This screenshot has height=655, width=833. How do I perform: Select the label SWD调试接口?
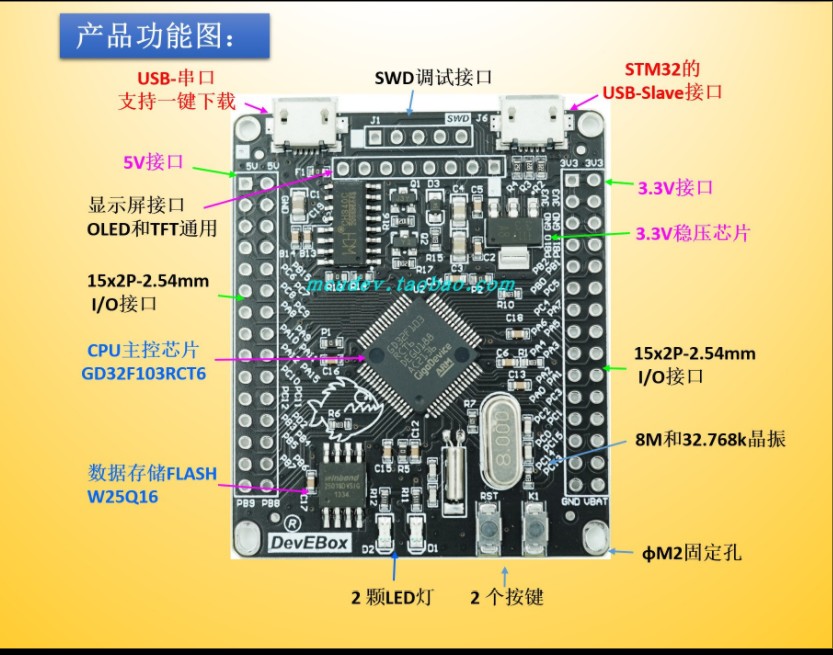(433, 78)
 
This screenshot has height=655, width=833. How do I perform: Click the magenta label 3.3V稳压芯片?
(692, 233)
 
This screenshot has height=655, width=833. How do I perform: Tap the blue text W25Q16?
(123, 496)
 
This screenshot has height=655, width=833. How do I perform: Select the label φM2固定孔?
(691, 552)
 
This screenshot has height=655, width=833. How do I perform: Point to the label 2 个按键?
(507, 598)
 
